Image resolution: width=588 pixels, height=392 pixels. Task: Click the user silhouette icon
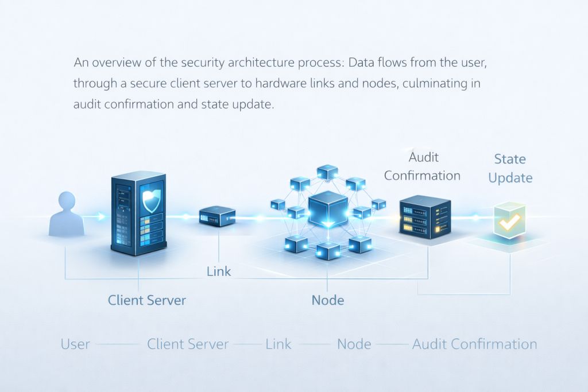pyautogui.click(x=66, y=215)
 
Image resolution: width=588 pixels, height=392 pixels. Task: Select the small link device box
pyautogui.click(x=217, y=217)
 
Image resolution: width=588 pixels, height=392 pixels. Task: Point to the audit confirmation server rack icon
pyautogui.click(x=425, y=215)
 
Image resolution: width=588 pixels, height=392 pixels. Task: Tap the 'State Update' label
pyautogui.click(x=510, y=168)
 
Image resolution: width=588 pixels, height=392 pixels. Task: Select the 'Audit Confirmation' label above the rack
pyautogui.click(x=422, y=166)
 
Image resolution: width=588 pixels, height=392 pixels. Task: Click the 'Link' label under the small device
pyautogui.click(x=219, y=271)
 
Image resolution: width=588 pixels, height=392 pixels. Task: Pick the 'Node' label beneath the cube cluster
pyautogui.click(x=328, y=300)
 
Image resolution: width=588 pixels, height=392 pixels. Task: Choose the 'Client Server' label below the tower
pyautogui.click(x=147, y=300)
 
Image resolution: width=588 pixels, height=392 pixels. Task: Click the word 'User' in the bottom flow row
pyautogui.click(x=75, y=344)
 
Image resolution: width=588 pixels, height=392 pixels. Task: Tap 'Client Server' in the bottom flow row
pyautogui.click(x=188, y=344)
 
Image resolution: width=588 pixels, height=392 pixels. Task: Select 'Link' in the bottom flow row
pyautogui.click(x=278, y=344)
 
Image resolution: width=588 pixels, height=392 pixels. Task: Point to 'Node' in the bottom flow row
pyautogui.click(x=354, y=344)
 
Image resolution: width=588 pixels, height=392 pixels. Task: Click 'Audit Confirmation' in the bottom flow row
pyautogui.click(x=474, y=344)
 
